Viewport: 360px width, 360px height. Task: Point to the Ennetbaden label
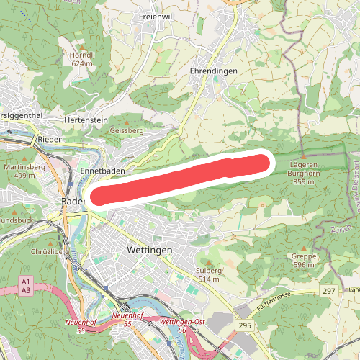tap(98, 170)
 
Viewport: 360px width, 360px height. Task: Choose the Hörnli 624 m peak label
tap(82, 58)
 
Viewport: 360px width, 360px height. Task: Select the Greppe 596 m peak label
tap(304, 259)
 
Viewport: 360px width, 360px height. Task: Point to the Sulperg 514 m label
tap(208, 274)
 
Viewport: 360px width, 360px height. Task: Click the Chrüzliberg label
tap(30, 253)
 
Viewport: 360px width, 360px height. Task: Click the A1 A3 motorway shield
tap(27, 285)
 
